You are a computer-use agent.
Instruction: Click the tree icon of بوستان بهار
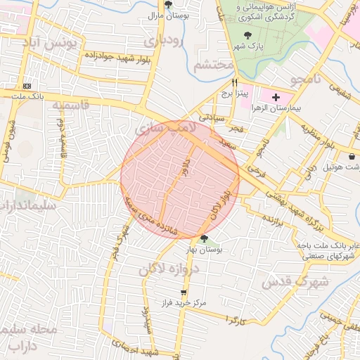point(204,238)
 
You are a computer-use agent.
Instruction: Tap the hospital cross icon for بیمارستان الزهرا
point(275,96)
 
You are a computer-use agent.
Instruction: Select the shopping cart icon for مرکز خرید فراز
point(184,292)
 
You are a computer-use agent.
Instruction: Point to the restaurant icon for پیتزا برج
point(225,82)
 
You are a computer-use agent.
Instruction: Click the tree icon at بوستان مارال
point(168,4)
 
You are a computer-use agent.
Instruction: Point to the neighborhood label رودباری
point(162,41)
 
